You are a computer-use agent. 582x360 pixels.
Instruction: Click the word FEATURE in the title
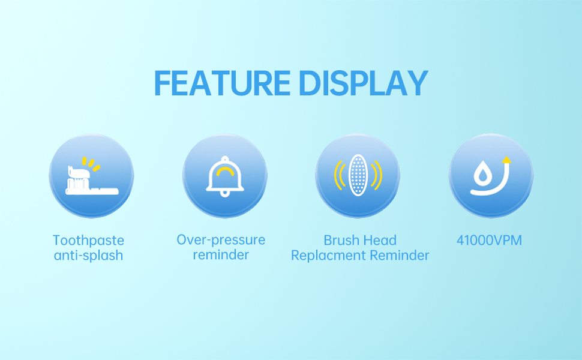[223, 83]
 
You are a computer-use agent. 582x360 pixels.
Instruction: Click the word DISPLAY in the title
[364, 83]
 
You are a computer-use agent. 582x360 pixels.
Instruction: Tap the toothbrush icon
[92, 181]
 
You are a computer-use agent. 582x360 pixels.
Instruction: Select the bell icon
[225, 176]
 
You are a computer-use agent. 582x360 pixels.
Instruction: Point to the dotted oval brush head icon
[358, 175]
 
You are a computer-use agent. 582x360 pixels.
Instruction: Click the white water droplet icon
[482, 173]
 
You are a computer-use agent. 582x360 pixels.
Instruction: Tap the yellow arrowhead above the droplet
[506, 160]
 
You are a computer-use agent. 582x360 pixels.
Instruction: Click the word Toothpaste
[88, 240]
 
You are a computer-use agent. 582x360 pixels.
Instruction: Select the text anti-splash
[88, 256]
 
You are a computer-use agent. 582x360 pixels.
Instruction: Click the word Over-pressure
[221, 240]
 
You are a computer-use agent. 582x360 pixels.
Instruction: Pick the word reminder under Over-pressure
[221, 255]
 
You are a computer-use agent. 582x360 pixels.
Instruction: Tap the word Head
[378, 240]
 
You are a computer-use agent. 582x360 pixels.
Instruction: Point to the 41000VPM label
[489, 240]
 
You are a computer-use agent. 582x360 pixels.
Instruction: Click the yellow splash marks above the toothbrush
[91, 163]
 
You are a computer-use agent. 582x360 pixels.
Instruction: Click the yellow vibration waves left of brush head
[339, 175]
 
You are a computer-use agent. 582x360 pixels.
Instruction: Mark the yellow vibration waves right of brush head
[377, 175]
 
